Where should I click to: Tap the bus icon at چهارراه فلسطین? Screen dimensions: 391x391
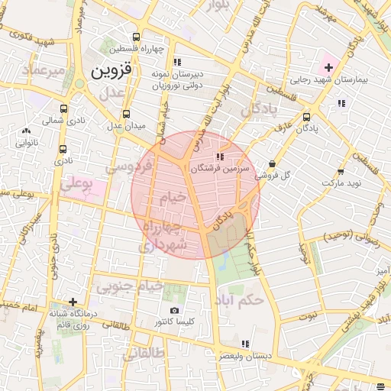point(136,37)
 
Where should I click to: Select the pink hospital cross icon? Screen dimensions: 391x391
point(328,67)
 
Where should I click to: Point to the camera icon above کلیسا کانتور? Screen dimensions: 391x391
point(174,310)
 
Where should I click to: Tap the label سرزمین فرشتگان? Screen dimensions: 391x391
point(231,167)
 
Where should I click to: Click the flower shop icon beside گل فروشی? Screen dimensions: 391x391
point(273,163)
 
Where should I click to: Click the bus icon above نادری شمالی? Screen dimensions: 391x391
point(63,108)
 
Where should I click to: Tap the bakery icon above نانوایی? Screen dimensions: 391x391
point(26,131)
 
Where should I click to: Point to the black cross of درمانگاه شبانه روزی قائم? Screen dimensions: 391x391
point(73,302)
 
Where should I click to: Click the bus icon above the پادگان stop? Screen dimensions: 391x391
point(306,117)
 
